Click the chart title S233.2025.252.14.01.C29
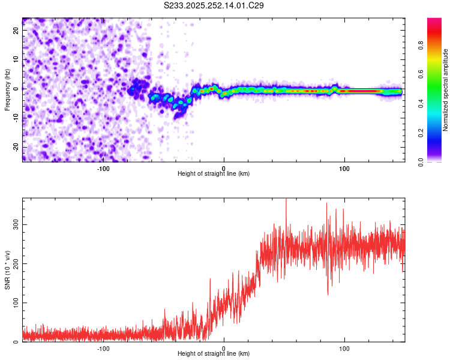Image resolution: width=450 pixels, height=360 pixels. (x=214, y=5)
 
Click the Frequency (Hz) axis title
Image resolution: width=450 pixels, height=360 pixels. (x=7, y=89)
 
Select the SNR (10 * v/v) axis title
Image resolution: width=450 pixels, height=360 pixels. (x=7, y=270)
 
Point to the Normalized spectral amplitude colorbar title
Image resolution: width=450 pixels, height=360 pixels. (x=446, y=90)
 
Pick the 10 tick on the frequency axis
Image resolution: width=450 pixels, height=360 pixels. (x=16, y=59)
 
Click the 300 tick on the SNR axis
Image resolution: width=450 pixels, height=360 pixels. (x=14, y=224)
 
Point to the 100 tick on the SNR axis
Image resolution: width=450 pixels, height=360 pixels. (x=14, y=303)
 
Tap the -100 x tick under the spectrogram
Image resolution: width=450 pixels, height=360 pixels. (x=103, y=168)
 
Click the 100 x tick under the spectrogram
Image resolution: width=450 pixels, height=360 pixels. (x=344, y=168)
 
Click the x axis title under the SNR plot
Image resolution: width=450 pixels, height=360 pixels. (x=214, y=354)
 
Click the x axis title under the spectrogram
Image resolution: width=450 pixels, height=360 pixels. (x=214, y=174)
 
